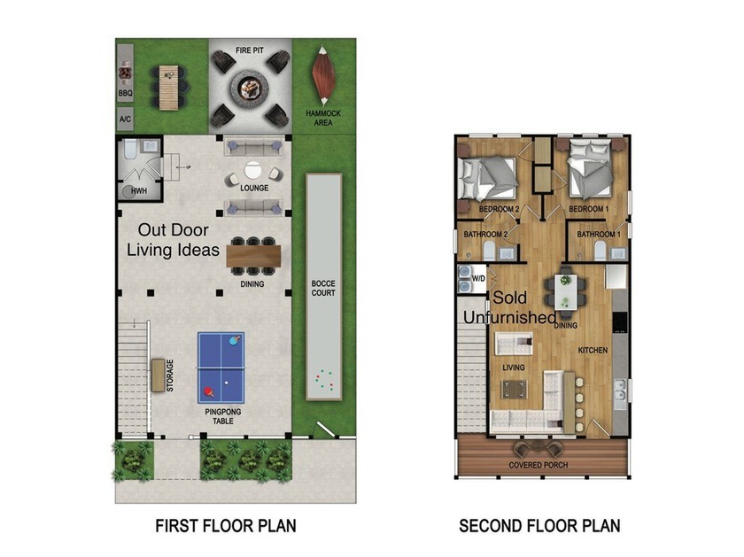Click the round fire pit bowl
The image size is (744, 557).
[x=250, y=88]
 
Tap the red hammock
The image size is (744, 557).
[x=323, y=75]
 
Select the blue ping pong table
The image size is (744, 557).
[x=221, y=367]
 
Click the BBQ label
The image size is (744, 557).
[x=125, y=94]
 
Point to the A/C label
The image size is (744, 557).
[x=125, y=119]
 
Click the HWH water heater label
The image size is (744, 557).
[x=139, y=191]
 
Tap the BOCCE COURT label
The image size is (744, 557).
[x=323, y=288]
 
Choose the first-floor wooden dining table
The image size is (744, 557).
[x=253, y=256]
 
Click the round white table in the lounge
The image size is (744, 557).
[x=252, y=170]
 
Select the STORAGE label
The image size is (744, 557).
[x=170, y=375]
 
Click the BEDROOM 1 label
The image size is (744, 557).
[x=589, y=209]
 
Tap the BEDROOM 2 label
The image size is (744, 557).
[x=500, y=209]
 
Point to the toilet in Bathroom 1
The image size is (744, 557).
[x=601, y=250]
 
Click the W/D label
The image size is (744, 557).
[x=479, y=278]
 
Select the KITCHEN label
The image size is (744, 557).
[x=593, y=350]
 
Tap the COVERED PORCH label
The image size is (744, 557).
[x=539, y=465]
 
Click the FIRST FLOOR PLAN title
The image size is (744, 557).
[x=226, y=526]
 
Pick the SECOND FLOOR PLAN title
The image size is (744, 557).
[x=539, y=526]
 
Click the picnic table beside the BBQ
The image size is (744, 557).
[x=168, y=88]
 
